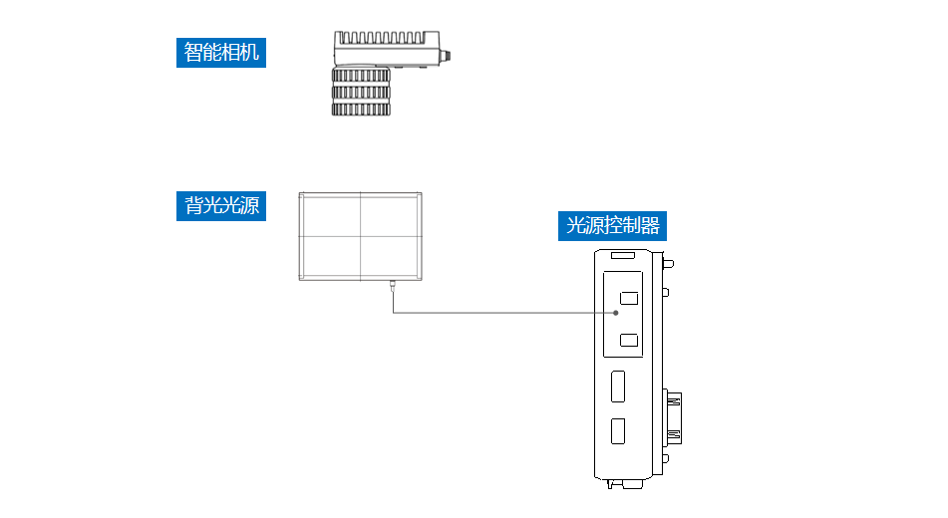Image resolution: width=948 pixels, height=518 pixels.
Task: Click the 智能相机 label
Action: click(x=221, y=52)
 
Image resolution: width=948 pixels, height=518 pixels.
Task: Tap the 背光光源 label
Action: click(x=221, y=206)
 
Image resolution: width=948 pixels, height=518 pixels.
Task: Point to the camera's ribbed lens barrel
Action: click(x=361, y=92)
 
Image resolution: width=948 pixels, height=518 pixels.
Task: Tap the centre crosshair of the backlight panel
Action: click(x=360, y=236)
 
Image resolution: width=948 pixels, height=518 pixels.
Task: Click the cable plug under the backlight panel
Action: click(x=393, y=285)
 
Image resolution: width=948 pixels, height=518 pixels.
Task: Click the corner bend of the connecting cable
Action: click(x=393, y=313)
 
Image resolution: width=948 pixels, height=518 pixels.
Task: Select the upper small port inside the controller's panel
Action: click(x=629, y=298)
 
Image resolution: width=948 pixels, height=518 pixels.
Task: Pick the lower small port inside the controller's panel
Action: click(x=629, y=341)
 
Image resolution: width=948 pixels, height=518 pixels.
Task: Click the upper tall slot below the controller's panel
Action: click(x=618, y=386)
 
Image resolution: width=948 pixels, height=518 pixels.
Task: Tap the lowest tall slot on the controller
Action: click(x=618, y=431)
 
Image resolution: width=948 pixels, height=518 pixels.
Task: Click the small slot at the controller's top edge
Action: click(x=623, y=257)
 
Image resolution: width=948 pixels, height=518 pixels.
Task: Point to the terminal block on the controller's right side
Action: click(x=675, y=416)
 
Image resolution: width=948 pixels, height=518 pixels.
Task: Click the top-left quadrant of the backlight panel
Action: click(x=330, y=214)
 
